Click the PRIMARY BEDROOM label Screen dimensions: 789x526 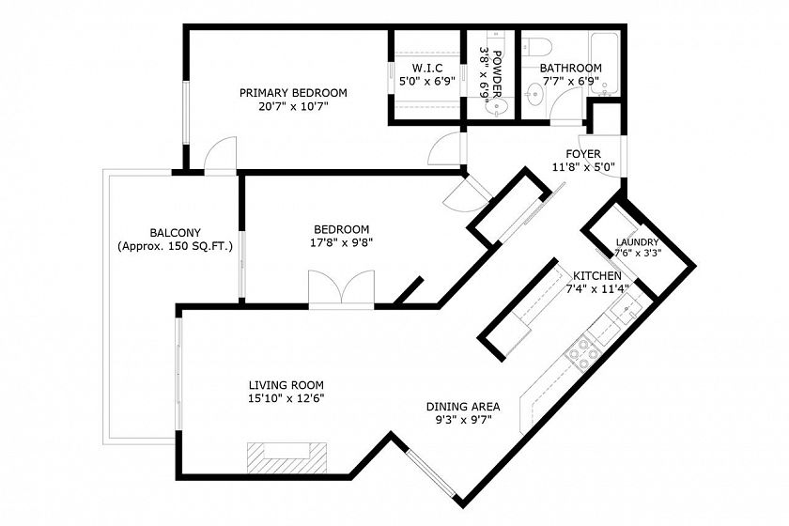tap(293, 93)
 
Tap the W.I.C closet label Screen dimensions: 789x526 tap(427, 68)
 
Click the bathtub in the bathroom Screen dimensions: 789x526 tap(603, 64)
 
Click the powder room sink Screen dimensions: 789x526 tap(499, 107)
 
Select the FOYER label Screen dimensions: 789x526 tap(583, 154)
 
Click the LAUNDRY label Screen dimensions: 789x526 tap(637, 242)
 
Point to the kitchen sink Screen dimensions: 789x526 tap(628, 311)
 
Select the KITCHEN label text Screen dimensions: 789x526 tap(597, 276)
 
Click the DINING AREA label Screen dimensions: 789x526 tap(463, 407)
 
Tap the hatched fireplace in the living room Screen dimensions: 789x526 tap(286, 457)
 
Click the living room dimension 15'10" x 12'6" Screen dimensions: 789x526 tap(286, 398)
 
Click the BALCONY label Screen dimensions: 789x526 tap(175, 233)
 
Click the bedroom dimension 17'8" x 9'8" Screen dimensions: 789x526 tap(341, 242)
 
